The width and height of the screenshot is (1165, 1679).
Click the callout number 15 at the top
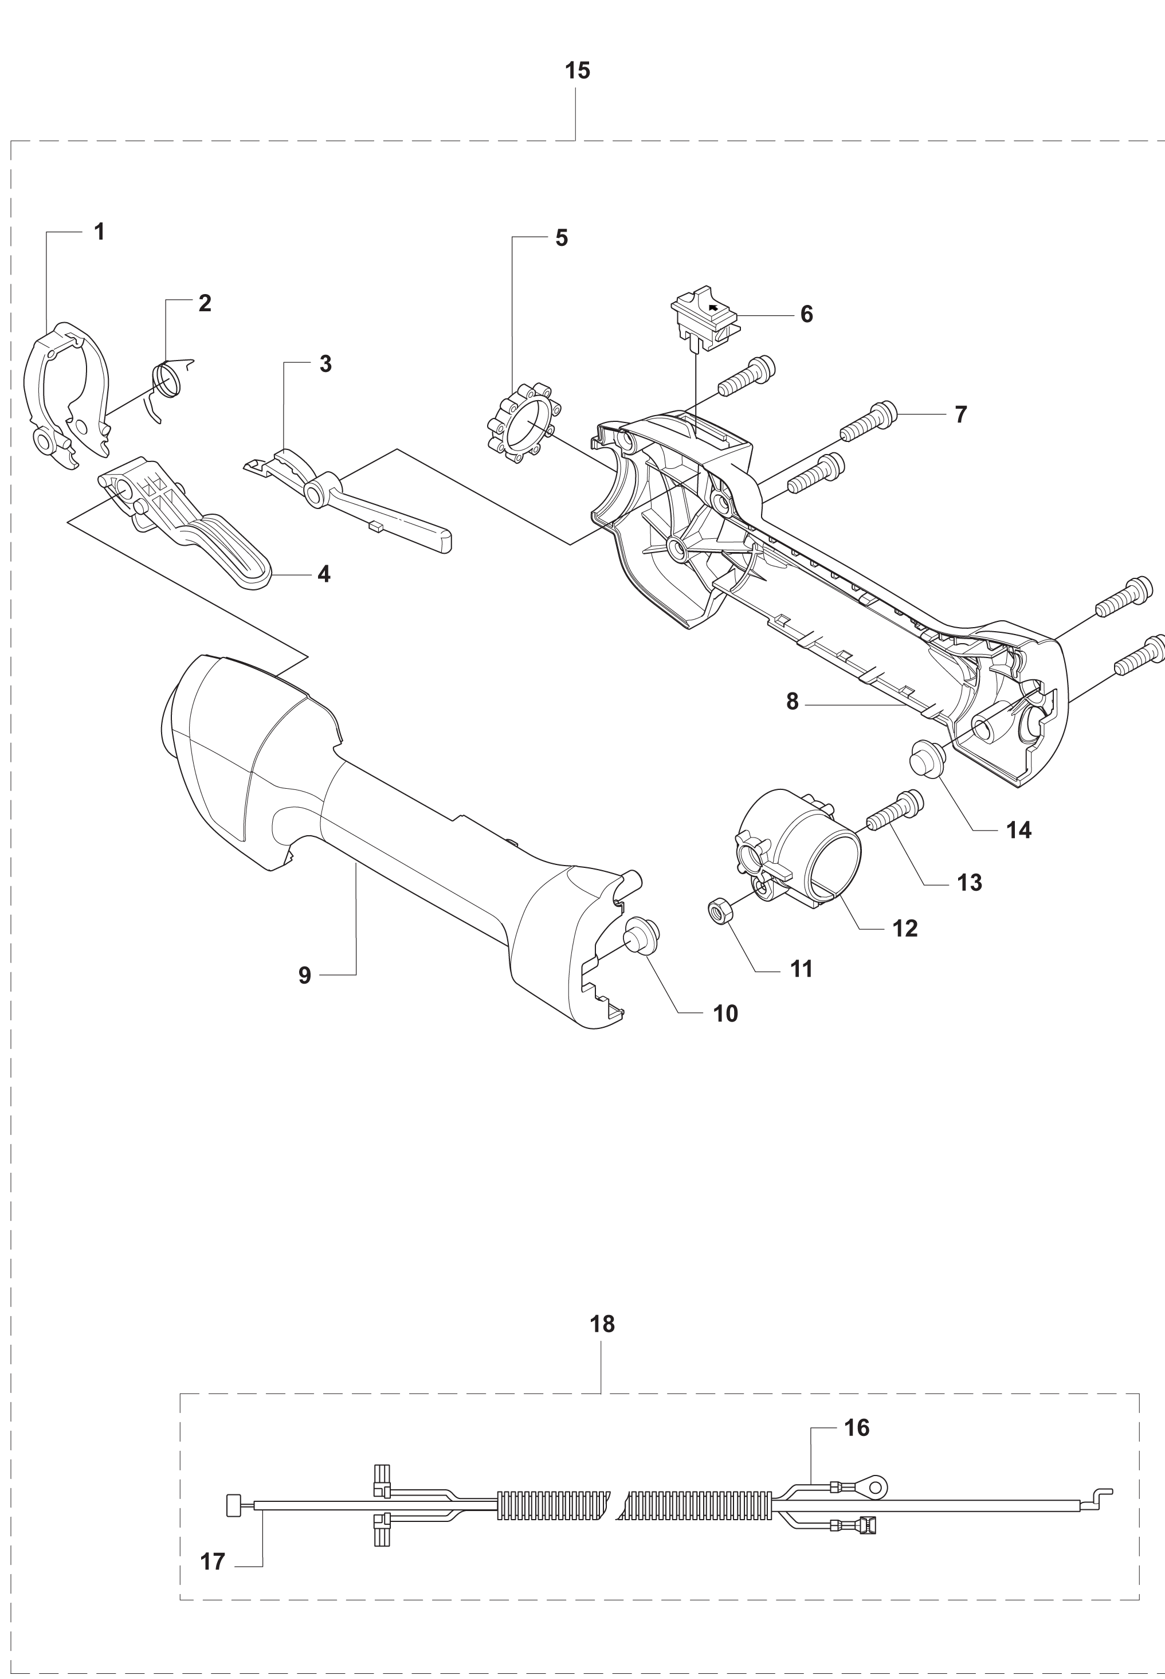click(x=578, y=71)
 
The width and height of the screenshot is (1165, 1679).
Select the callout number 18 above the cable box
click(x=602, y=1324)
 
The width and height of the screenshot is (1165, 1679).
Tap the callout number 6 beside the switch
click(x=807, y=314)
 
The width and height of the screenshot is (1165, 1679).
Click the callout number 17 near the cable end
click(x=213, y=1562)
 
